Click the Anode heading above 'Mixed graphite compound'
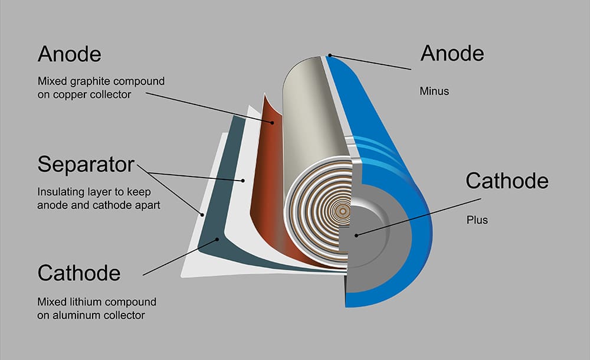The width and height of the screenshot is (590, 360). [x=69, y=55]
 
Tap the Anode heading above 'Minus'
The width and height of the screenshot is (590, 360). [x=452, y=54]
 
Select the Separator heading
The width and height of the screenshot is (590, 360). [x=86, y=165]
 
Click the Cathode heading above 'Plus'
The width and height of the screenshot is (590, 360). [x=507, y=181]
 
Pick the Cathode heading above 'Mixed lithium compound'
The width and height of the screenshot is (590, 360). [x=79, y=273]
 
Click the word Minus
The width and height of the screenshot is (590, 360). [x=434, y=92]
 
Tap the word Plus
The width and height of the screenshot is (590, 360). [x=476, y=221]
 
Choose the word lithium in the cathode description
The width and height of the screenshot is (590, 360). [x=85, y=302]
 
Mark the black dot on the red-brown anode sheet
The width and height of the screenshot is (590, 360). [x=272, y=123]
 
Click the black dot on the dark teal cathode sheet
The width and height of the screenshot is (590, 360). [x=219, y=240]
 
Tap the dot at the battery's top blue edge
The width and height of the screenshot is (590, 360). [x=330, y=56]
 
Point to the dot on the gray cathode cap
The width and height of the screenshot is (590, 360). [x=356, y=234]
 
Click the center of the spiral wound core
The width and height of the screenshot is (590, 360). [x=340, y=210]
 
